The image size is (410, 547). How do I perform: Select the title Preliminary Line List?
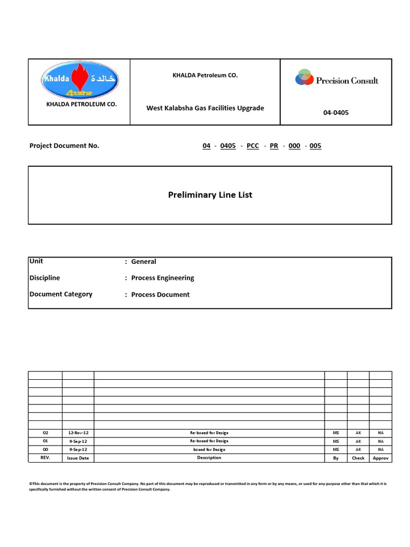pyautogui.click(x=210, y=195)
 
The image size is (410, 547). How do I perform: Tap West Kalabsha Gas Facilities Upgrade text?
pyautogui.click(x=205, y=108)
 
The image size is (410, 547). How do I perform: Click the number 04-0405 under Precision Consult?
pyautogui.click(x=336, y=113)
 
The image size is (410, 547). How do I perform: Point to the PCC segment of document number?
pyautogui.click(x=253, y=146)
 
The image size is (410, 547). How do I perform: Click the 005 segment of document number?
pyautogui.click(x=316, y=146)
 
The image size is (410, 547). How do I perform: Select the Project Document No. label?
pyautogui.click(x=64, y=146)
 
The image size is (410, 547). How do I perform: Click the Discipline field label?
pyautogui.click(x=45, y=278)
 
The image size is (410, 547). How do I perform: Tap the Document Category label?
pyautogui.click(x=61, y=294)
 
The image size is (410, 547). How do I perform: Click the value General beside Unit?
pyautogui.click(x=144, y=262)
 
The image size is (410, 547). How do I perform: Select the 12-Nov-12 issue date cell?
pyautogui.click(x=78, y=433)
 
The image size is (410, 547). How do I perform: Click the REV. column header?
pyautogui.click(x=45, y=458)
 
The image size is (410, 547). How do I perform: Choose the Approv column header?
pyautogui.click(x=381, y=458)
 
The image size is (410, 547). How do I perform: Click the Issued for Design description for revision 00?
pyautogui.click(x=209, y=449)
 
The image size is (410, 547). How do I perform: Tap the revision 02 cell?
pyautogui.click(x=45, y=433)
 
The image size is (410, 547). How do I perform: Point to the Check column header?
pyautogui.click(x=358, y=458)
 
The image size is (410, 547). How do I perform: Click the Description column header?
pyautogui.click(x=209, y=458)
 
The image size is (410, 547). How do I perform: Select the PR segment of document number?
pyautogui.click(x=274, y=146)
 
